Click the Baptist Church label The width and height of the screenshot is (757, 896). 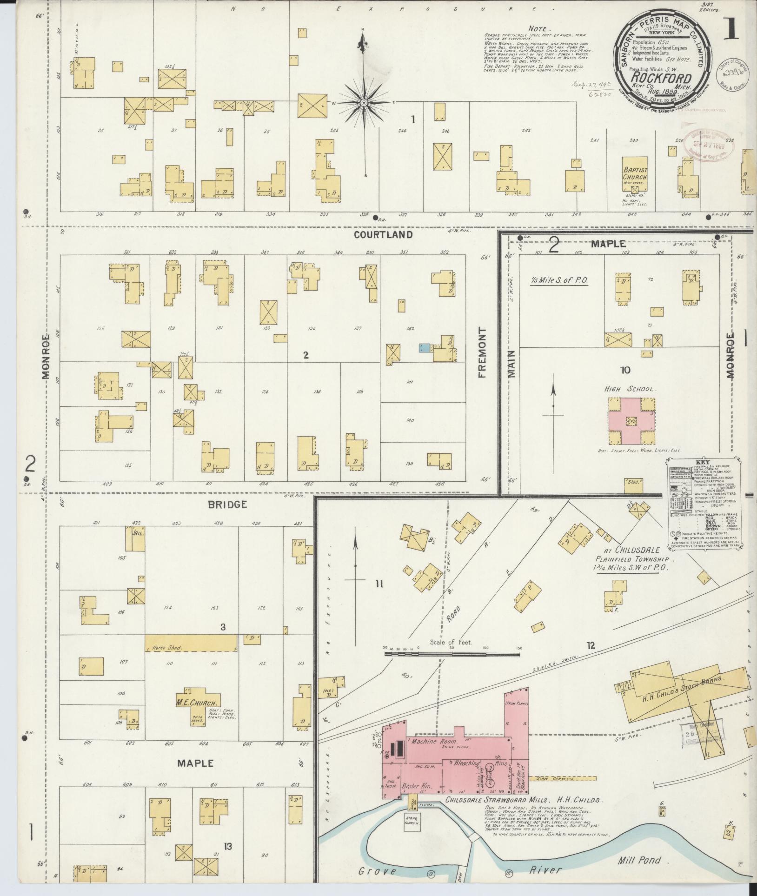pyautogui.click(x=635, y=174)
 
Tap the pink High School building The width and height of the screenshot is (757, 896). pyautogui.click(x=630, y=421)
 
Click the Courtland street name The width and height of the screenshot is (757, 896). pyautogui.click(x=383, y=235)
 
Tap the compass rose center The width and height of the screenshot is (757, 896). pyautogui.click(x=365, y=102)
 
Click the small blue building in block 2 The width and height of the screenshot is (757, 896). pyautogui.click(x=424, y=348)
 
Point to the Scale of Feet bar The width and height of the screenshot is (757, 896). pyautogui.click(x=451, y=654)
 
